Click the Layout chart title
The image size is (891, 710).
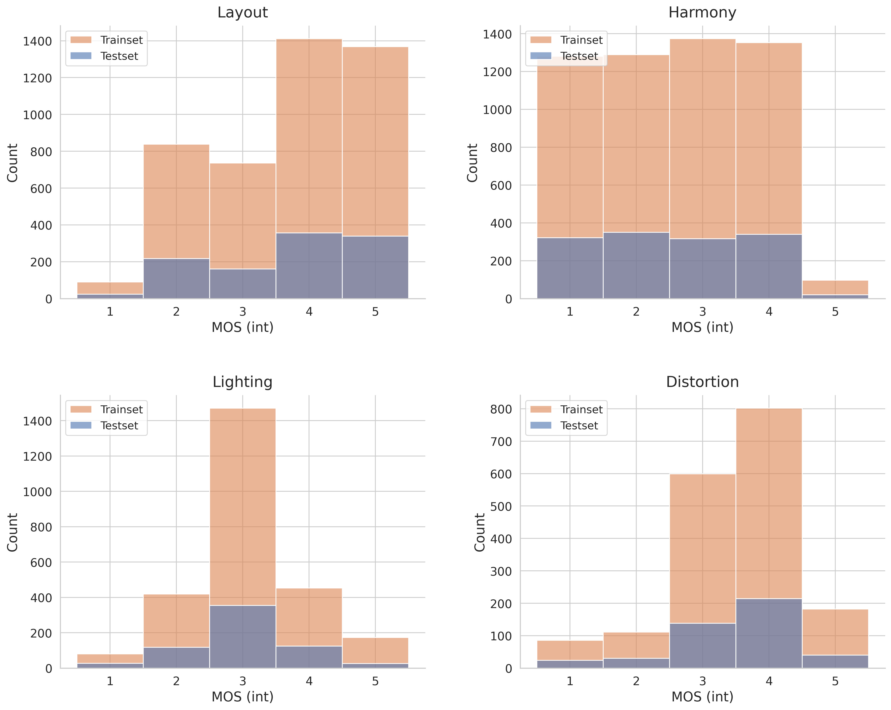pyautogui.click(x=242, y=12)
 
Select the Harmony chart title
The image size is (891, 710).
pyautogui.click(x=702, y=12)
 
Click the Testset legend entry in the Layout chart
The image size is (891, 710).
pyautogui.click(x=119, y=56)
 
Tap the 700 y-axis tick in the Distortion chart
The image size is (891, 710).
pyautogui.click(x=501, y=442)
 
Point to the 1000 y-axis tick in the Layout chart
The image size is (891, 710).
pyautogui.click(x=37, y=115)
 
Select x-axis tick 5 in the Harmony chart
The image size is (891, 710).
pyautogui.click(x=835, y=312)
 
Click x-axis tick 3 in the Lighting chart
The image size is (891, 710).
pyautogui.click(x=242, y=681)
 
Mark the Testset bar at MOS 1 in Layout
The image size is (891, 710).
pyautogui.click(x=110, y=296)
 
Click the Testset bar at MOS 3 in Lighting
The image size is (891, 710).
pyautogui.click(x=242, y=636)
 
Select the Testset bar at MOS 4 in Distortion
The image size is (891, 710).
pyautogui.click(x=769, y=633)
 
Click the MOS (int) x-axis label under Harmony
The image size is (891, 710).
pyautogui.click(x=702, y=327)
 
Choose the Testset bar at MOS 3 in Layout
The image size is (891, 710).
pyautogui.click(x=242, y=284)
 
